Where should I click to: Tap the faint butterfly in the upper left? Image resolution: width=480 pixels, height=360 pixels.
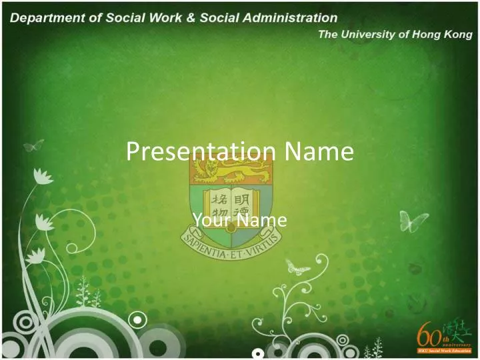click(33, 145)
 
